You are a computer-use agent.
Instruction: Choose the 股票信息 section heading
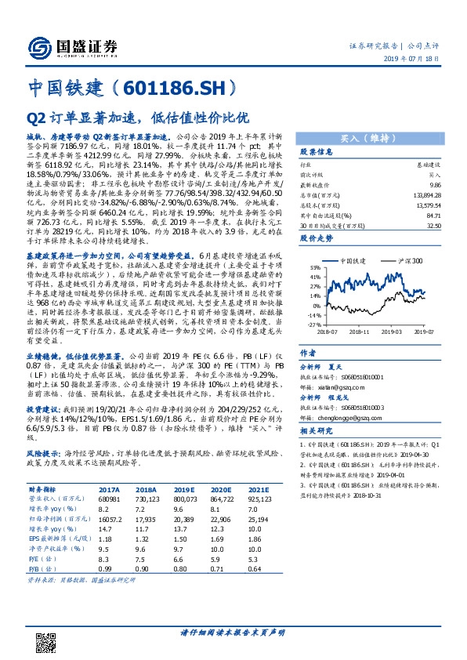(317, 152)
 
